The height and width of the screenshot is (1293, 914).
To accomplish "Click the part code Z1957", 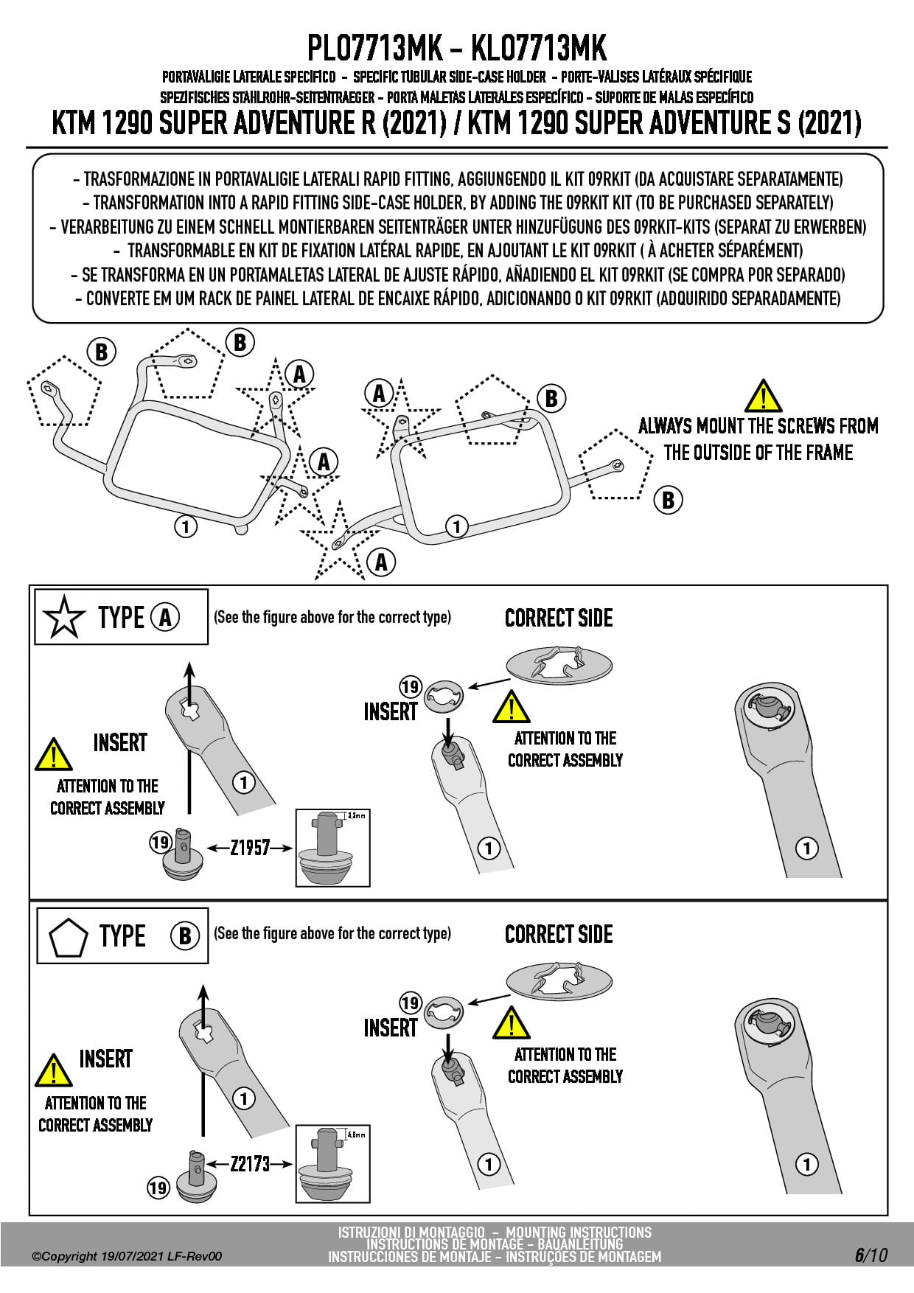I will pyautogui.click(x=251, y=848).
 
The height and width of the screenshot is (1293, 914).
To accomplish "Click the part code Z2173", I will pyautogui.click(x=251, y=1164).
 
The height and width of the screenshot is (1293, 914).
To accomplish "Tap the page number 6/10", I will pyautogui.click(x=871, y=1255).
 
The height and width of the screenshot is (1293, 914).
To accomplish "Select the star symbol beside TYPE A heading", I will pyautogui.click(x=64, y=617).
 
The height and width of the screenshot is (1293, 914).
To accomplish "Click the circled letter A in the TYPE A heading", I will pyautogui.click(x=165, y=617).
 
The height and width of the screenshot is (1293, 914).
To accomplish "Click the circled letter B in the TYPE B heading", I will pyautogui.click(x=185, y=936).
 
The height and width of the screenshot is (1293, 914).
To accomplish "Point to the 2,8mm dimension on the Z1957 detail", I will pyautogui.click(x=356, y=816).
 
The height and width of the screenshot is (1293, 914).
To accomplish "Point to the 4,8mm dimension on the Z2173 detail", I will pyautogui.click(x=356, y=1135).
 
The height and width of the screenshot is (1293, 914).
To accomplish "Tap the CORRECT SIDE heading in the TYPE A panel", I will pyautogui.click(x=559, y=618).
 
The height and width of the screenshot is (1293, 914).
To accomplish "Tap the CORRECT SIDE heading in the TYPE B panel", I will pyautogui.click(x=559, y=934).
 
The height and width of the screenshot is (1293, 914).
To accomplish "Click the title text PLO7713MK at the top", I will pyautogui.click(x=374, y=49).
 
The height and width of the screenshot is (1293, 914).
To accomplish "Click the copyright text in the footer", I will pyautogui.click(x=126, y=1256).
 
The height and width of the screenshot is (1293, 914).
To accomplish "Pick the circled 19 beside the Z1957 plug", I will pyautogui.click(x=161, y=842).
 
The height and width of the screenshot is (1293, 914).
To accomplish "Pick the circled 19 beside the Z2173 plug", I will pyautogui.click(x=158, y=1188).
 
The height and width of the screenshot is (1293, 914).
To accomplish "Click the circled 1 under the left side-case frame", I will pyautogui.click(x=186, y=526).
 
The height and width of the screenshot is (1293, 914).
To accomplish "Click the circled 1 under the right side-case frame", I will pyautogui.click(x=457, y=526).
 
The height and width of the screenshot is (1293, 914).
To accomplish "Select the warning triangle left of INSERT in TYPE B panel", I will pyautogui.click(x=53, y=1071).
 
